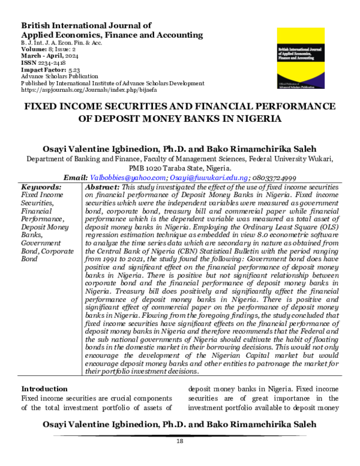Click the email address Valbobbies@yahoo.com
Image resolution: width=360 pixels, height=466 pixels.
coord(127,178)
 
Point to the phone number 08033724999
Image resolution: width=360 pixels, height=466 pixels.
coord(275,178)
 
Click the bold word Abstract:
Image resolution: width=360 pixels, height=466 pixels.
coord(103,187)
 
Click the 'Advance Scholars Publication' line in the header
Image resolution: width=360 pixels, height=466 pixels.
coord(59,76)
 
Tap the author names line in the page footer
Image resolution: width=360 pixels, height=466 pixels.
coord(179,425)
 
